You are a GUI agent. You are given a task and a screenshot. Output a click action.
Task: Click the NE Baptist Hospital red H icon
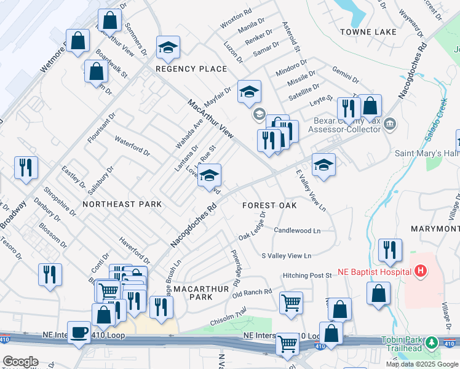[x=421, y=270]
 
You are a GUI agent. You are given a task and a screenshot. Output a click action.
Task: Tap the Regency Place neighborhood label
[x=191, y=69]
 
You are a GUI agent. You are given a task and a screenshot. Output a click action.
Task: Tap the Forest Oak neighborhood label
[x=269, y=205]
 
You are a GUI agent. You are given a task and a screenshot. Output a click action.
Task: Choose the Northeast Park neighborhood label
[x=122, y=204]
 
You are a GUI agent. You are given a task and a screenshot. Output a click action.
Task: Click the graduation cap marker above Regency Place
[x=167, y=47]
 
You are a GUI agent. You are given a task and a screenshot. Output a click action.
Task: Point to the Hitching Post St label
[x=307, y=275]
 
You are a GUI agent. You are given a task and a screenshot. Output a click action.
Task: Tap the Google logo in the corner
[x=21, y=361]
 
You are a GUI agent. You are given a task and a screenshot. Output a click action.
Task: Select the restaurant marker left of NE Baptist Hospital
[x=390, y=250]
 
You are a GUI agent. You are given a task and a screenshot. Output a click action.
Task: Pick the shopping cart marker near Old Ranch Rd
[x=290, y=302]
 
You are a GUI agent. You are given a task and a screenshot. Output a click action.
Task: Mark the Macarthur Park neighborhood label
[x=192, y=292]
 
